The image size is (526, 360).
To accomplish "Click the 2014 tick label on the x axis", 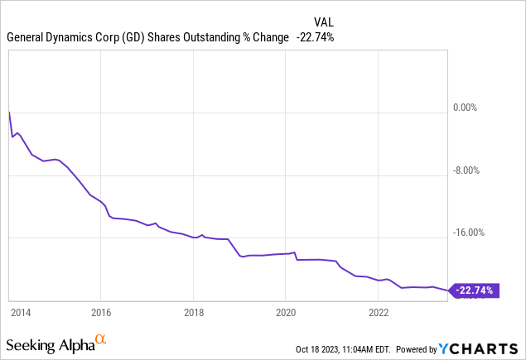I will (21, 313).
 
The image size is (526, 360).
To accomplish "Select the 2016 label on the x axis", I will (100, 313).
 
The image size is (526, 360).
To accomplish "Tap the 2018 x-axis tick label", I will (193, 313).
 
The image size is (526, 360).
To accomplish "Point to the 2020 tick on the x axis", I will (285, 313).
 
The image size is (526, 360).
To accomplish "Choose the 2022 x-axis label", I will (378, 313).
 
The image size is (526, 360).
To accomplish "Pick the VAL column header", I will (323, 22).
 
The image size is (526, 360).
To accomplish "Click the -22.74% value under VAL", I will (315, 37).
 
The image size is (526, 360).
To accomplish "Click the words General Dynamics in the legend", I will (51, 37).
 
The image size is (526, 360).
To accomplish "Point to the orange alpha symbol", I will (100, 339).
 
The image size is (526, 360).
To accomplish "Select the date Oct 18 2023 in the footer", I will (324, 349).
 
